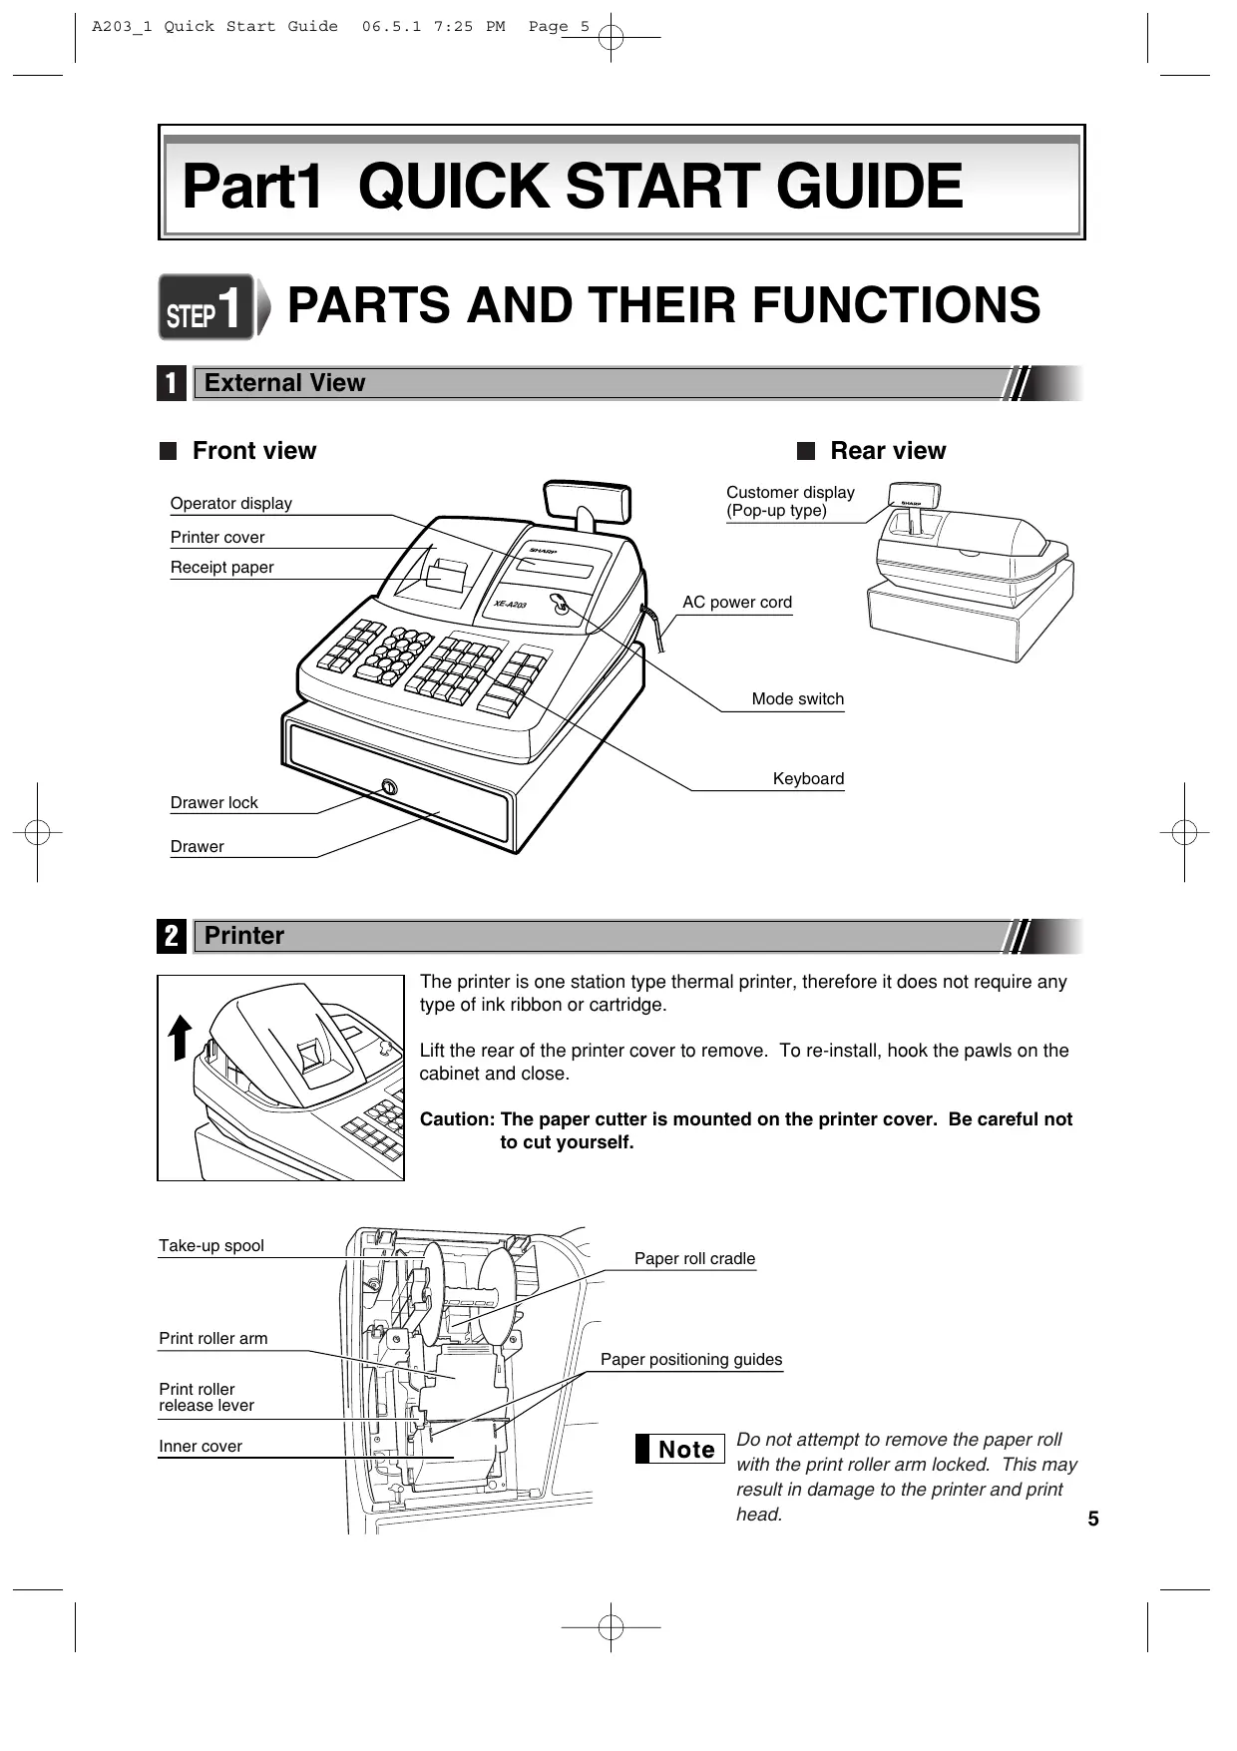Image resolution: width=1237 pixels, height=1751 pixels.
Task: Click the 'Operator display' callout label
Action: point(230,504)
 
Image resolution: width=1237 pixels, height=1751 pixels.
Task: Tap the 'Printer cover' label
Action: point(217,538)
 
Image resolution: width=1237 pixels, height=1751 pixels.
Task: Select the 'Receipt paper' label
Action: point(221,568)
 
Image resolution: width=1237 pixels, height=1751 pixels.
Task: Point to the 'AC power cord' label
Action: point(736,603)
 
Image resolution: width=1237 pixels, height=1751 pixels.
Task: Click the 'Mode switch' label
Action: point(797,699)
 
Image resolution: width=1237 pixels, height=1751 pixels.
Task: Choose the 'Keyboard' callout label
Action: point(808,779)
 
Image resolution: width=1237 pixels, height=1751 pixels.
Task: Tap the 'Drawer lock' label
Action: point(213,803)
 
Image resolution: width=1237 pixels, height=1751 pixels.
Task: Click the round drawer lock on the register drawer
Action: point(388,788)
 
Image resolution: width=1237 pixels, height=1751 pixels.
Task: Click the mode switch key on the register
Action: point(560,604)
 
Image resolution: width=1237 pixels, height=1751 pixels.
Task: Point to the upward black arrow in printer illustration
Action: point(180,1037)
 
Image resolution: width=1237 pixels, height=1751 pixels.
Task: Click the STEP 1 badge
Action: point(205,307)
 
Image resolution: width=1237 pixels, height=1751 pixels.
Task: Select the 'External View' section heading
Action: point(284,383)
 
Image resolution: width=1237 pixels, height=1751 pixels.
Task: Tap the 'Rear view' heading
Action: point(887,451)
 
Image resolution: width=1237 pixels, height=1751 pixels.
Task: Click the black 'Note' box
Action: point(679,1449)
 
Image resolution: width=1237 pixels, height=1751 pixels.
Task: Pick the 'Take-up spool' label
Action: point(211,1246)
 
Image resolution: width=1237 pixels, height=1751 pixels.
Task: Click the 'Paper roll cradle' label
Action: point(694,1259)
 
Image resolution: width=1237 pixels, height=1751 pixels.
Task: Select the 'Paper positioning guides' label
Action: point(690,1360)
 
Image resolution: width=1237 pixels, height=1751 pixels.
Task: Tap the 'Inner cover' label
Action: point(201,1447)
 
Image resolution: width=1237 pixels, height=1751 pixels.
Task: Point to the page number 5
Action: point(1093,1520)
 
